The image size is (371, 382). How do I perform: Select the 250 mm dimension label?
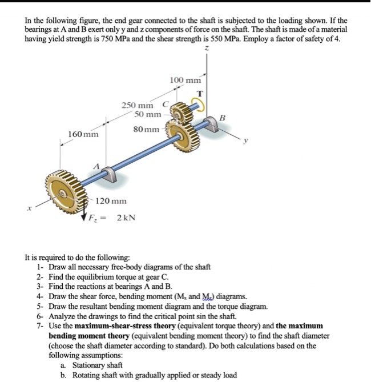tap(137, 105)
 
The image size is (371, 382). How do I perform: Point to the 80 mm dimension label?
tap(147, 130)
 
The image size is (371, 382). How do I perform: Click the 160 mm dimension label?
tap(83, 135)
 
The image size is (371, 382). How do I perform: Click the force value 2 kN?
tap(126, 218)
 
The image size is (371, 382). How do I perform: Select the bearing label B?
tap(223, 118)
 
